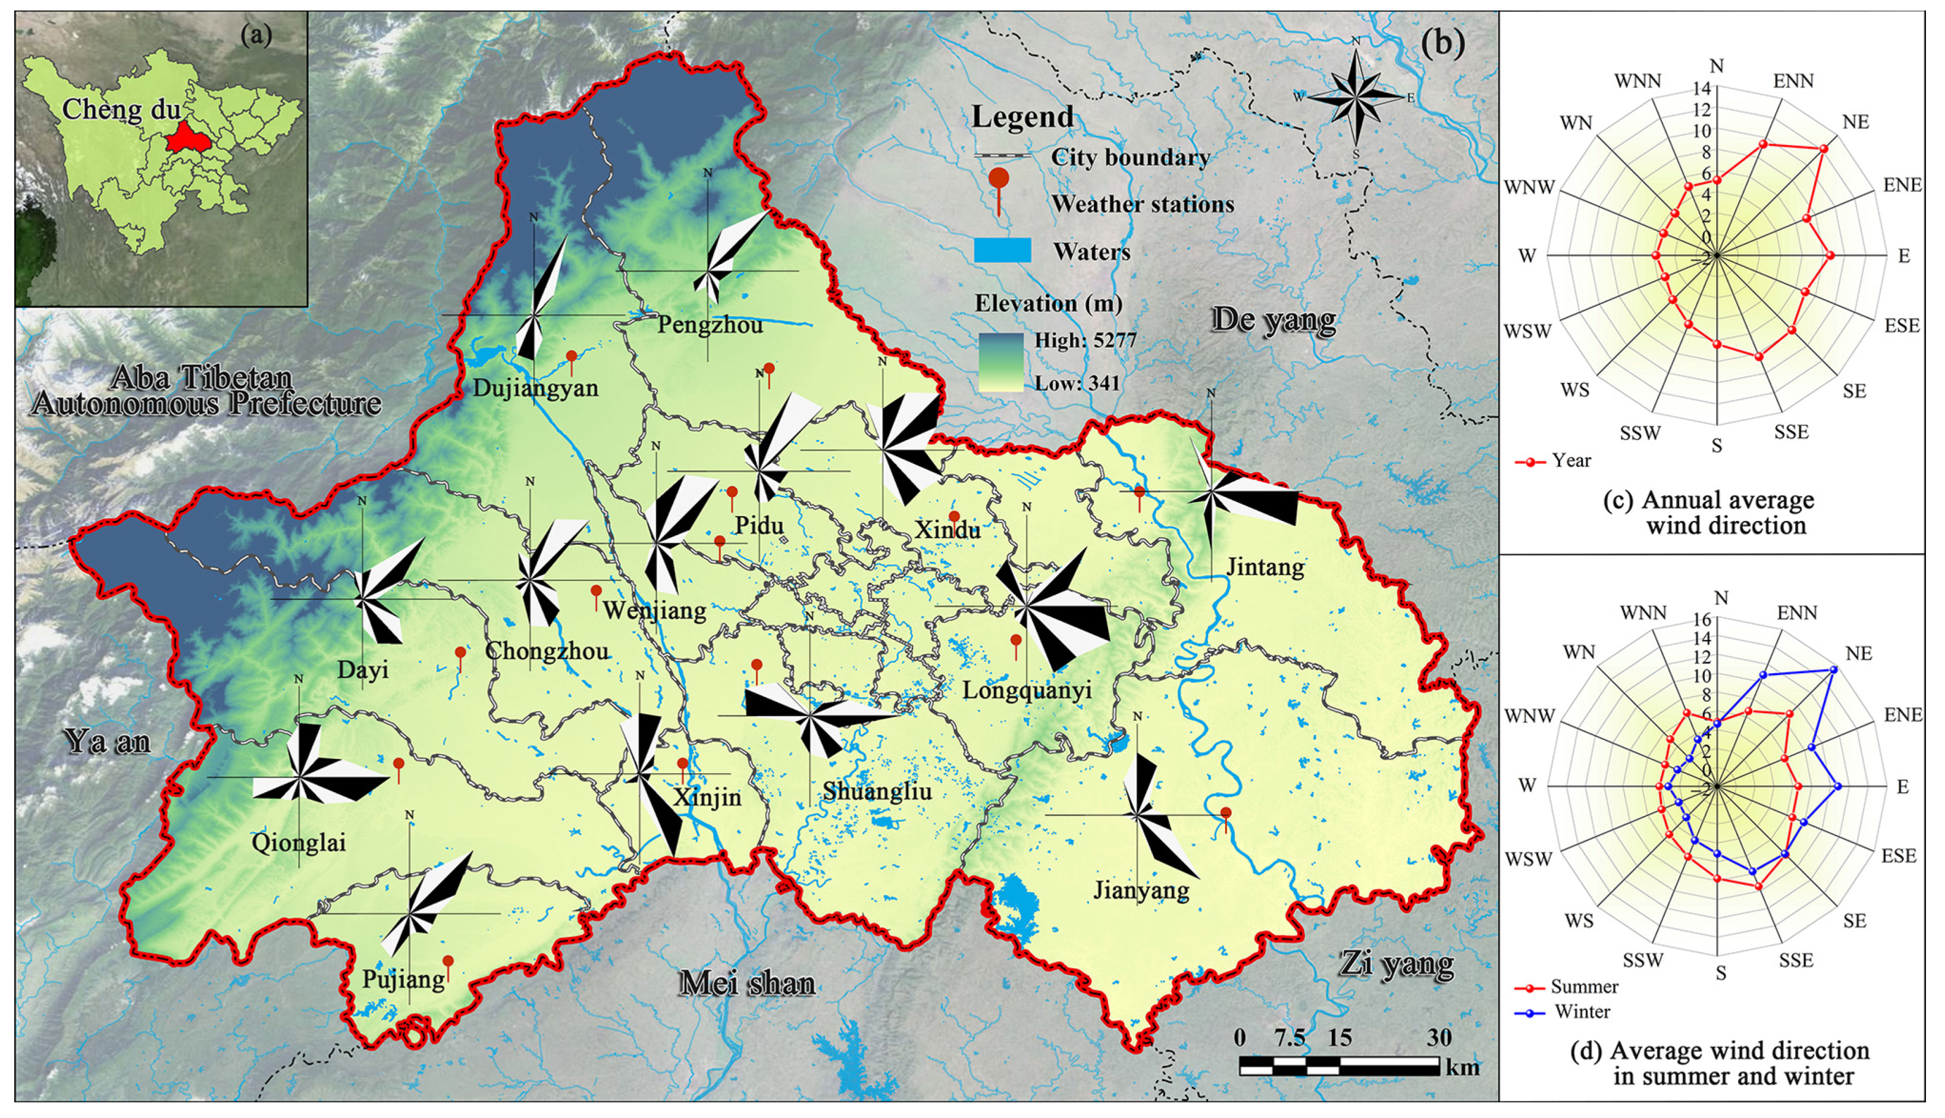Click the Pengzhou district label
point(710,325)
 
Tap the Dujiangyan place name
point(535,388)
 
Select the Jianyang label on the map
point(1141,891)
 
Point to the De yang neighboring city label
point(1273,319)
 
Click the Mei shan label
point(746,984)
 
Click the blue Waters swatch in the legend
point(1002,251)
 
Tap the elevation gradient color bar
point(1000,362)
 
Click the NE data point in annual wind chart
point(1823,149)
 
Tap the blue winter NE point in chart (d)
point(1834,670)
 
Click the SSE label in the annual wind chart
point(1791,432)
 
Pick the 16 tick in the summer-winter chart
point(1702,619)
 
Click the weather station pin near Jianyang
point(1225,814)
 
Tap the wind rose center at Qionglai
point(299,777)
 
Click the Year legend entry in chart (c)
point(1570,461)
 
